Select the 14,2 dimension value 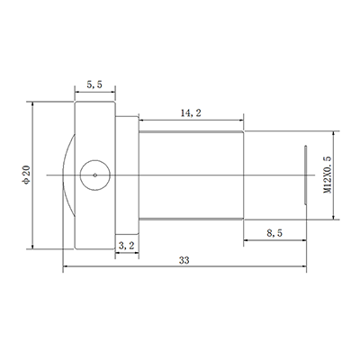pyautogui.click(x=189, y=114)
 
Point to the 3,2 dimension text pyautogui.click(x=127, y=244)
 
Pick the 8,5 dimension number pyautogui.click(x=277, y=232)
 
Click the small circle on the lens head pyautogui.click(x=95, y=175)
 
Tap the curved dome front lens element pyautogui.click(x=67, y=175)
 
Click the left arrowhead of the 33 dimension pyautogui.click(x=66, y=267)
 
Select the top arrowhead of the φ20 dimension pyautogui.click(x=33, y=103)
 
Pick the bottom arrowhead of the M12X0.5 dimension pyautogui.click(x=335, y=215)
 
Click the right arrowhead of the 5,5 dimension pyautogui.click(x=113, y=90)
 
